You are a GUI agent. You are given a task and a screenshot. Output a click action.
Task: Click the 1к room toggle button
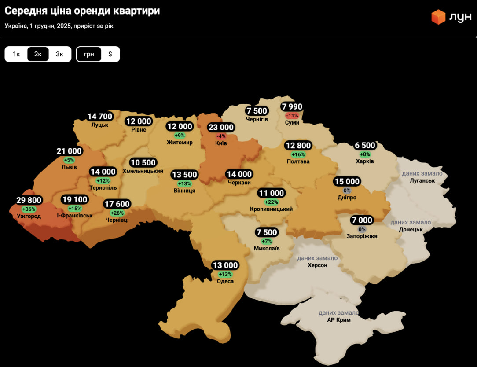click(16, 54)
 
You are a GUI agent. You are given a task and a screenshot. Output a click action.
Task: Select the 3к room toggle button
click(59, 54)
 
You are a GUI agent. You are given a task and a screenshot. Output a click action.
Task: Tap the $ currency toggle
click(110, 54)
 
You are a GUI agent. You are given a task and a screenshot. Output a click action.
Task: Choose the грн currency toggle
click(89, 54)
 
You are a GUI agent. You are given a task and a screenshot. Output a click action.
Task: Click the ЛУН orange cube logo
click(438, 17)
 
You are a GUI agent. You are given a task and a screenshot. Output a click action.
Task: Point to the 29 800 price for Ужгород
click(29, 200)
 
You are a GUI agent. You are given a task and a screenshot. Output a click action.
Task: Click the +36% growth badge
click(29, 209)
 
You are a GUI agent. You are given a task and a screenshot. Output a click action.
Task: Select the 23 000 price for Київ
click(221, 128)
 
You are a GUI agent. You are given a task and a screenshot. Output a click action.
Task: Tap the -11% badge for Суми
click(292, 115)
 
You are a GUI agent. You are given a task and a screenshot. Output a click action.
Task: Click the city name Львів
click(69, 167)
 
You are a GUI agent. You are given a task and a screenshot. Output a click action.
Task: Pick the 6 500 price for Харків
click(365, 146)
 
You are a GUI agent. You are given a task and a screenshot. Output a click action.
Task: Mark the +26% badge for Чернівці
click(117, 213)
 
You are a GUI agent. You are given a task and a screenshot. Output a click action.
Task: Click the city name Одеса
click(225, 282)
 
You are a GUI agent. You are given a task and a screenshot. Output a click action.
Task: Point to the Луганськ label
click(422, 181)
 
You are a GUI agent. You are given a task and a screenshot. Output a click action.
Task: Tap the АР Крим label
click(339, 320)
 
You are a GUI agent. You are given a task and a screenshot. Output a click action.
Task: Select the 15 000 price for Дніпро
click(347, 182)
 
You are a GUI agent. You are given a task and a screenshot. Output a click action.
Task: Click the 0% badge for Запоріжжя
click(362, 229)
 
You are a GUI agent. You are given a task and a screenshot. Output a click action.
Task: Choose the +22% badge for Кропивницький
click(271, 202)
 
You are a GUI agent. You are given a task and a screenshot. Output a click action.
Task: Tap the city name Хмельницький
click(143, 171)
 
